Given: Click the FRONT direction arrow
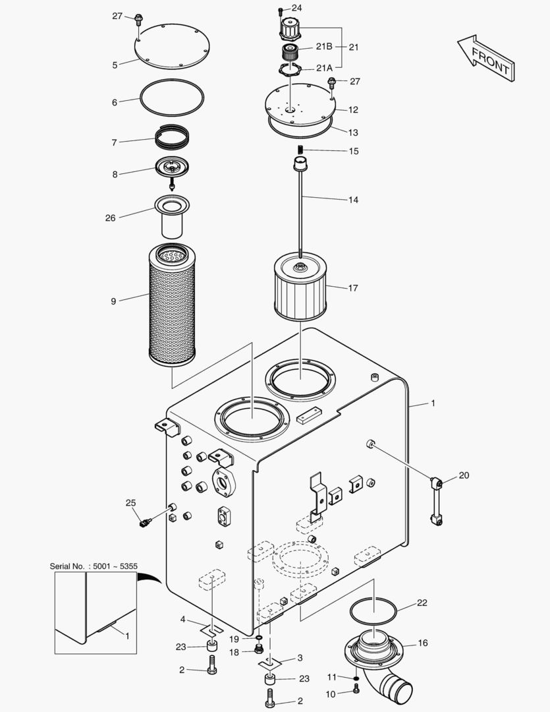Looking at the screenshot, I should pos(486,59).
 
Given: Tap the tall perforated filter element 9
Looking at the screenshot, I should pos(173,303).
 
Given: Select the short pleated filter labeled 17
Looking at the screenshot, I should pos(300,289).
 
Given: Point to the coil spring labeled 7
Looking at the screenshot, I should pos(173,138).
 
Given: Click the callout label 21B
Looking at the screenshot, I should pos(324,47).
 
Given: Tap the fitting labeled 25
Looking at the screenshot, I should pos(146,523).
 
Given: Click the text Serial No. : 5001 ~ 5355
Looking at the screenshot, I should pos(93,566).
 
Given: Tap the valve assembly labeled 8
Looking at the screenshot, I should pos(172,170).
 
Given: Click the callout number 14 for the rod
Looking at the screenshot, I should pos(353,199).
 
